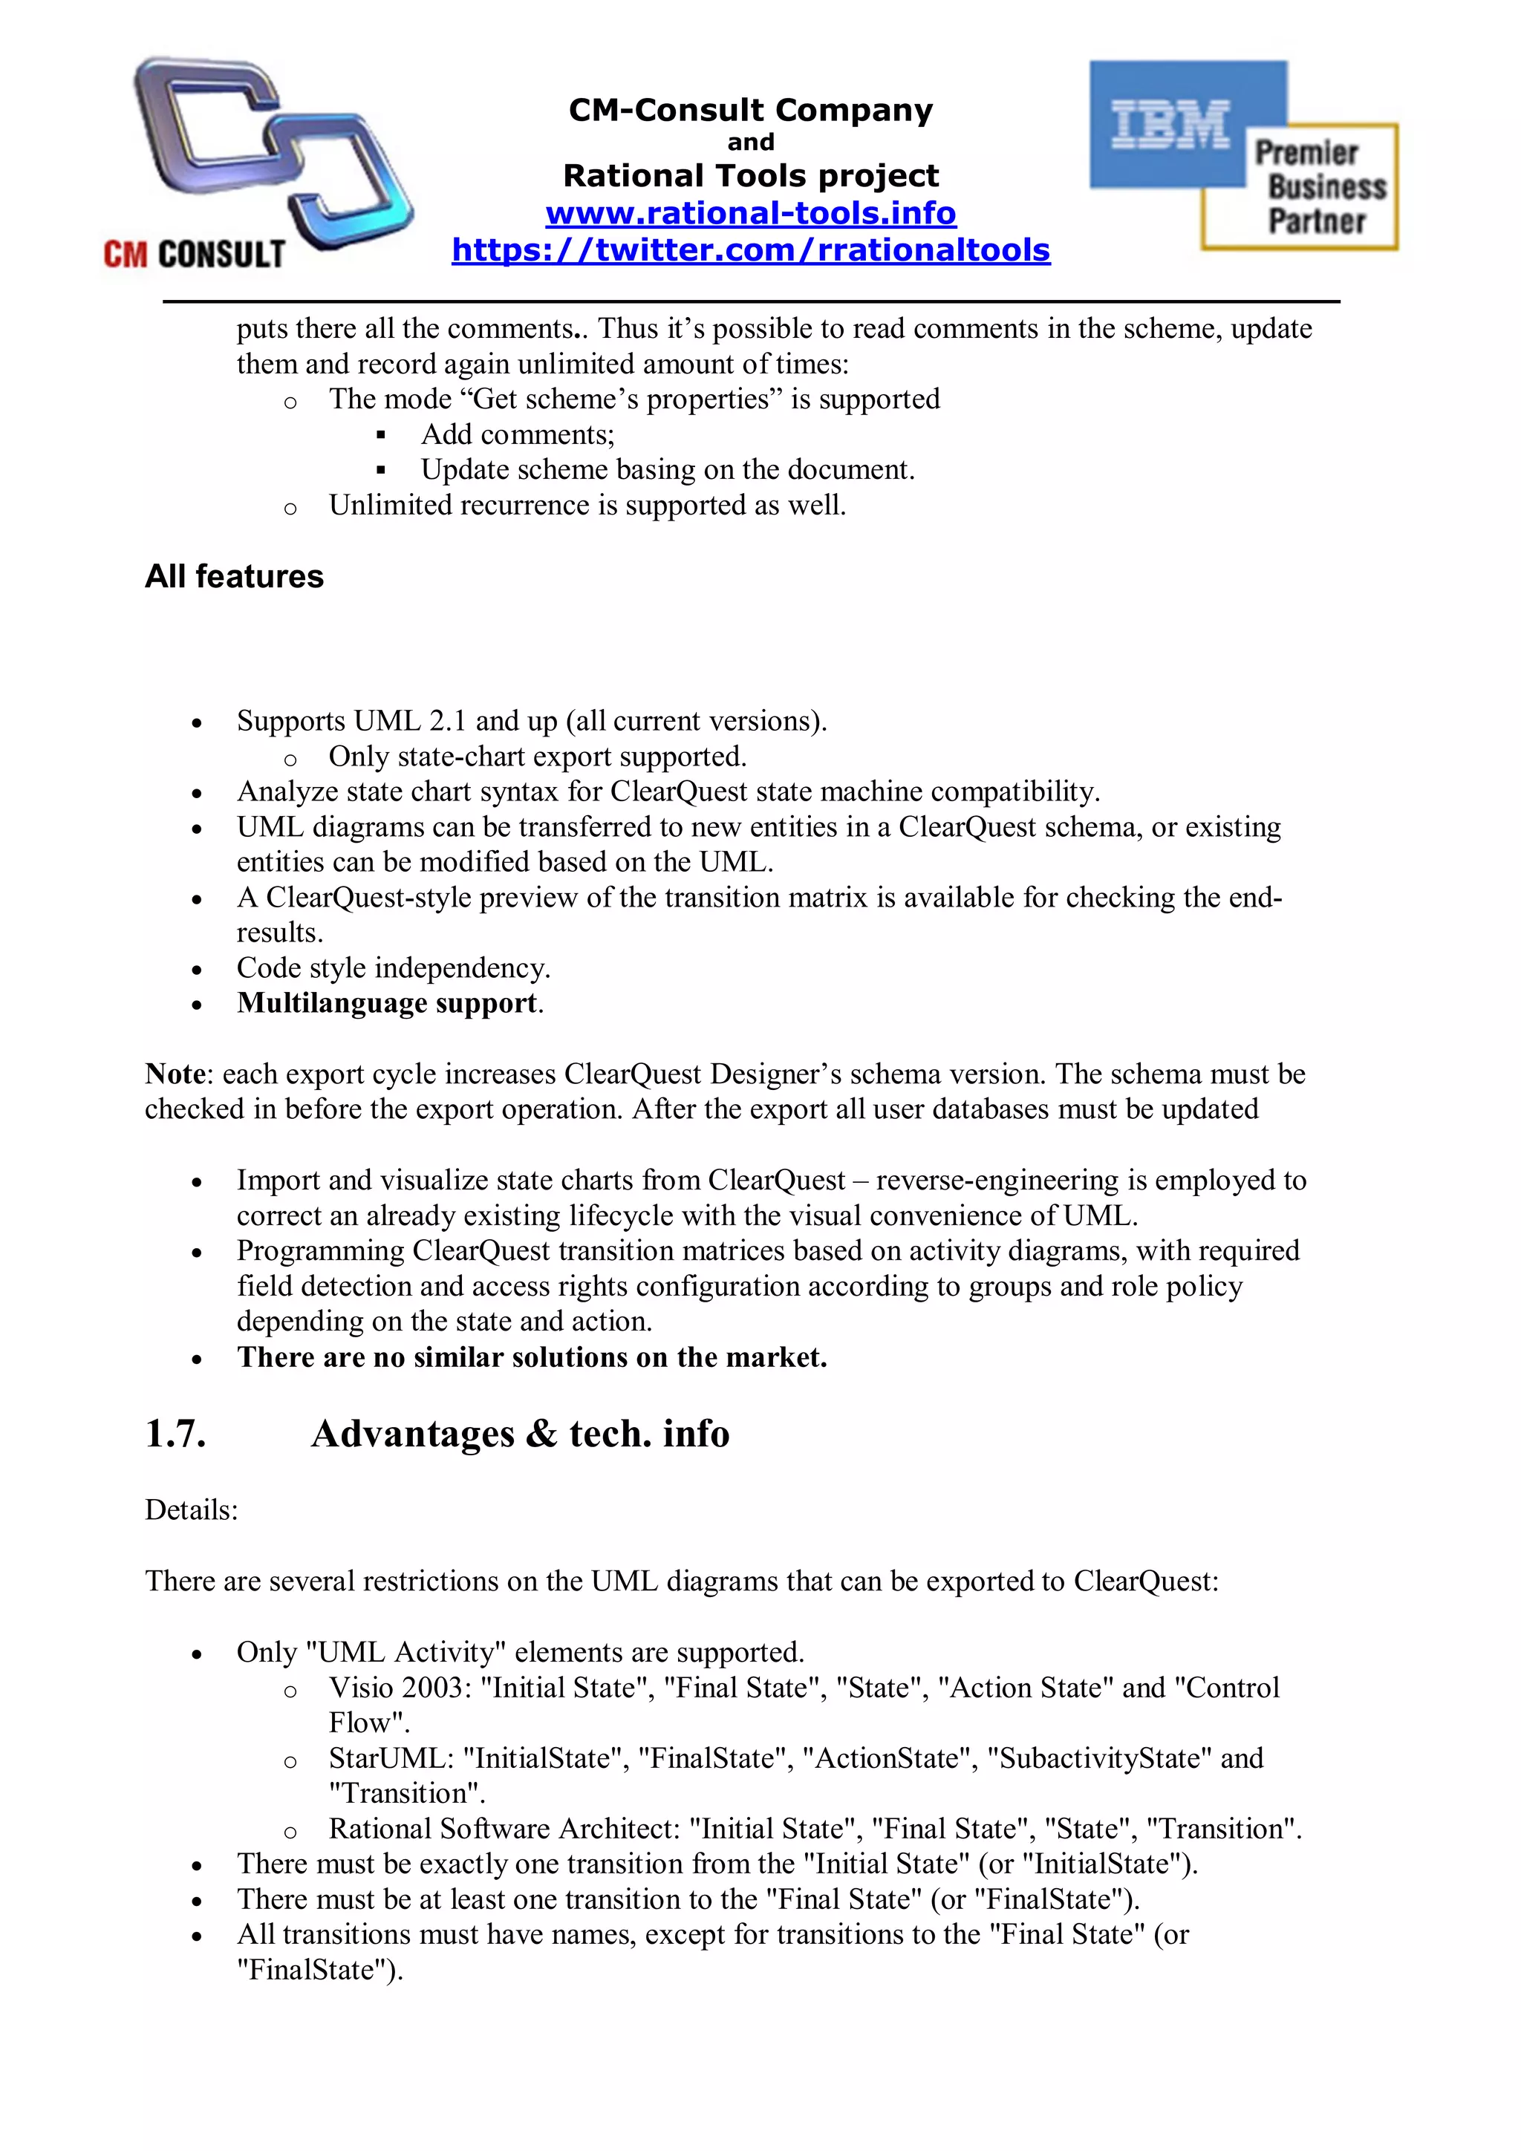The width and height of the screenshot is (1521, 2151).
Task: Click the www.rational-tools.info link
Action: pyautogui.click(x=751, y=214)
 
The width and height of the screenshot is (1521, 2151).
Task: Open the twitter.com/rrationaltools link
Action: pyautogui.click(x=751, y=250)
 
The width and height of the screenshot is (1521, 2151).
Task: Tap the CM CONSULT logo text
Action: pyautogui.click(x=194, y=254)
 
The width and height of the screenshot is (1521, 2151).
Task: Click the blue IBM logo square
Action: pyautogui.click(x=1170, y=125)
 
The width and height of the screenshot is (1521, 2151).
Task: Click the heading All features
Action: pyautogui.click(x=234, y=576)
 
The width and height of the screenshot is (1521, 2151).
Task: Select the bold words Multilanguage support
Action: pyautogui.click(x=387, y=1003)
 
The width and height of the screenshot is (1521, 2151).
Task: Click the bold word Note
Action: pyautogui.click(x=175, y=1074)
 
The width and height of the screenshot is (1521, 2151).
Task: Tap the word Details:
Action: pyautogui.click(x=191, y=1510)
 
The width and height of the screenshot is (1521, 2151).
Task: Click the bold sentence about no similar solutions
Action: pyautogui.click(x=531, y=1357)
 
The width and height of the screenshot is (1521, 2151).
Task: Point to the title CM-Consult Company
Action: pyautogui.click(x=751, y=111)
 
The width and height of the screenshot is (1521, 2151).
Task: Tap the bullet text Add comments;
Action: pyautogui.click(x=518, y=434)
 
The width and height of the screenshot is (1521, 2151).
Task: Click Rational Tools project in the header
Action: pyautogui.click(x=751, y=176)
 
